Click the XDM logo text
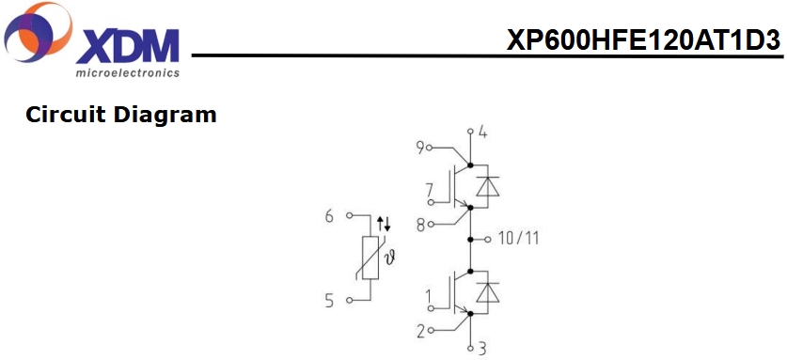click(128, 46)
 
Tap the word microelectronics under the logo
click(128, 72)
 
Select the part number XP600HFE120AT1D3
click(644, 39)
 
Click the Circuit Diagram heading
click(121, 116)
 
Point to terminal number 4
click(482, 133)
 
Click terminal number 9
click(420, 148)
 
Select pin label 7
click(429, 191)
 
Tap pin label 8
click(420, 225)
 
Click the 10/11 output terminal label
click(519, 238)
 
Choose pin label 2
click(420, 331)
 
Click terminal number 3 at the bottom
click(481, 349)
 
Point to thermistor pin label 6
click(329, 217)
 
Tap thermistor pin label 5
click(329, 302)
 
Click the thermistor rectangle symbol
click(370, 258)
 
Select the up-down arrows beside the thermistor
click(384, 224)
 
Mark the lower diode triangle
click(487, 292)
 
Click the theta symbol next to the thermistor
click(388, 259)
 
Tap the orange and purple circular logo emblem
click(38, 32)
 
